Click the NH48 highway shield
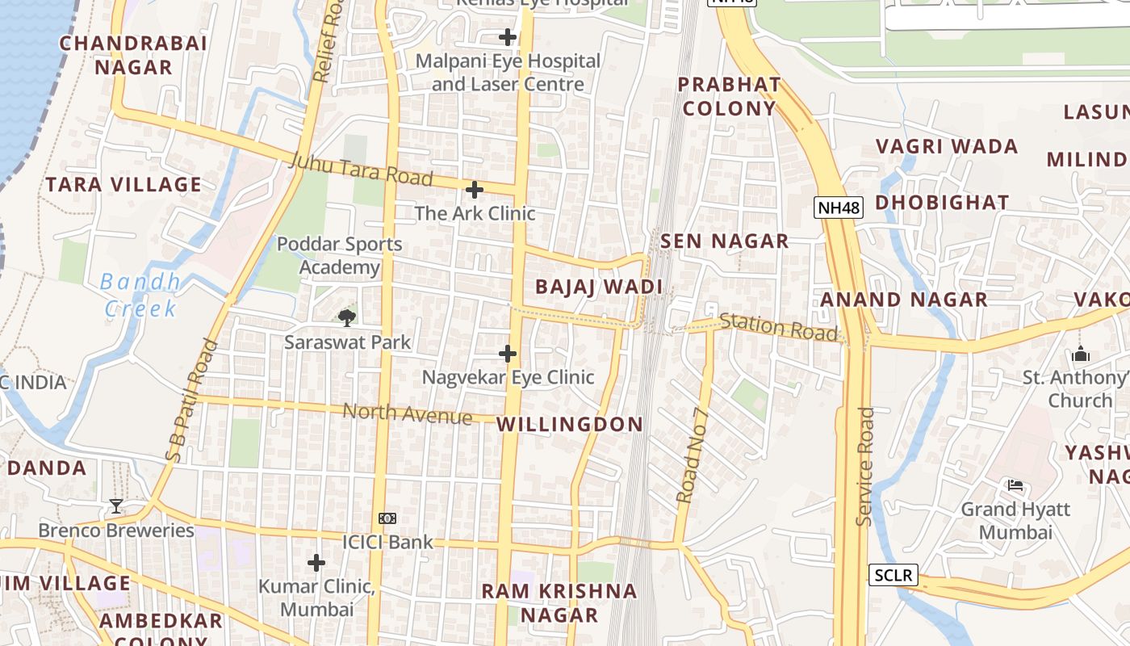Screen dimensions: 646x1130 (839, 208)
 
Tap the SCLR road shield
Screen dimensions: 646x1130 (894, 575)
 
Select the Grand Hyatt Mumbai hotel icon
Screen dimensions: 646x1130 (1015, 485)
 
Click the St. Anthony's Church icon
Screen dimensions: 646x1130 (1081, 354)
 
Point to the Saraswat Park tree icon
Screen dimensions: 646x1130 (347, 317)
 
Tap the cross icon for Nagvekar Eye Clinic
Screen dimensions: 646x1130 (508, 354)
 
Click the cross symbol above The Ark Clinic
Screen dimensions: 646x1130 (475, 190)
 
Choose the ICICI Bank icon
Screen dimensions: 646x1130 (387, 518)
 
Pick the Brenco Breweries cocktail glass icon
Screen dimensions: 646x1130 (116, 506)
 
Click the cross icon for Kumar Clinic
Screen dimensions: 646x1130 (316, 562)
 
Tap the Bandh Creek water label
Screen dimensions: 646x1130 (140, 295)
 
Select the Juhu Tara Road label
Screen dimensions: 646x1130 (361, 170)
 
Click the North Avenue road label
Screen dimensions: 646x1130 (408, 413)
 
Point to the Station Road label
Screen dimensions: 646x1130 (778, 326)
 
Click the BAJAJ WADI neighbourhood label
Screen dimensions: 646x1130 (599, 287)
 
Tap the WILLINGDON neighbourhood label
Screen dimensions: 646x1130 (570, 424)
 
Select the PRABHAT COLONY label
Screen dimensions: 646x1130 (729, 96)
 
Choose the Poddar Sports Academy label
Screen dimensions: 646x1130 (339, 255)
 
